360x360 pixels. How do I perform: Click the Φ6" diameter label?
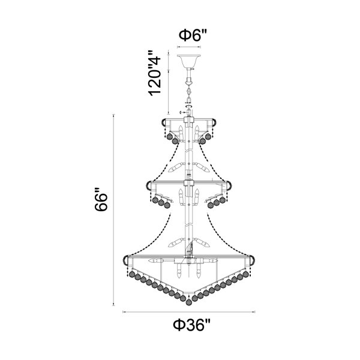(x=193, y=35)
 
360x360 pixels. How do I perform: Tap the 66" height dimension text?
(x=101, y=199)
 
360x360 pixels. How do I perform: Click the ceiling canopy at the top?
(x=189, y=61)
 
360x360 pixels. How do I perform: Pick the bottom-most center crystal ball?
(x=189, y=302)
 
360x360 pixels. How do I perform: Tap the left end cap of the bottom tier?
(x=125, y=260)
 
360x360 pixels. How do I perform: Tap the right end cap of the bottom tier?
(x=252, y=260)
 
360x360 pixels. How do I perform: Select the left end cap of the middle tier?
(x=149, y=185)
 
